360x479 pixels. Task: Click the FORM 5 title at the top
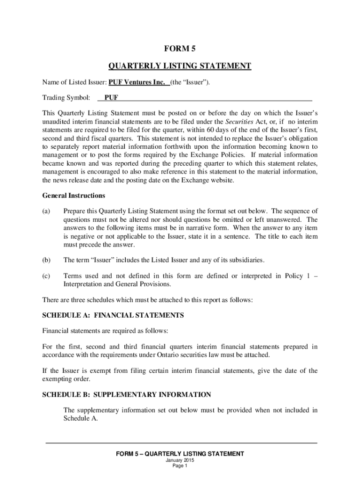(x=180, y=49)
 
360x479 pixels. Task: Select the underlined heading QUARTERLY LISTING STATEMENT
(x=180, y=66)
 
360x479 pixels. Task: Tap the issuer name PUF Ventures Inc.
(x=137, y=83)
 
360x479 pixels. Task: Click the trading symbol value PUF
(x=111, y=98)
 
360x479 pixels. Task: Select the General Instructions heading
(x=73, y=196)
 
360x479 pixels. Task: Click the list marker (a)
(x=46, y=211)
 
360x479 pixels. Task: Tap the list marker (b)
(x=46, y=260)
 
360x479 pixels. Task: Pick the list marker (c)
(x=46, y=276)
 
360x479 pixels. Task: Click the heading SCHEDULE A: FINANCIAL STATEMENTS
(x=113, y=315)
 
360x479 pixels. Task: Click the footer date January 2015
(x=180, y=460)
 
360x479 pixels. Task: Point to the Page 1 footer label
(x=180, y=466)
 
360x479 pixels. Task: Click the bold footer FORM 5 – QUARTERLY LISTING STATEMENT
(x=180, y=454)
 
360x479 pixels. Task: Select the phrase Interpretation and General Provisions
(x=117, y=284)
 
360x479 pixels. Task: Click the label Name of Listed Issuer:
(x=74, y=83)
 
